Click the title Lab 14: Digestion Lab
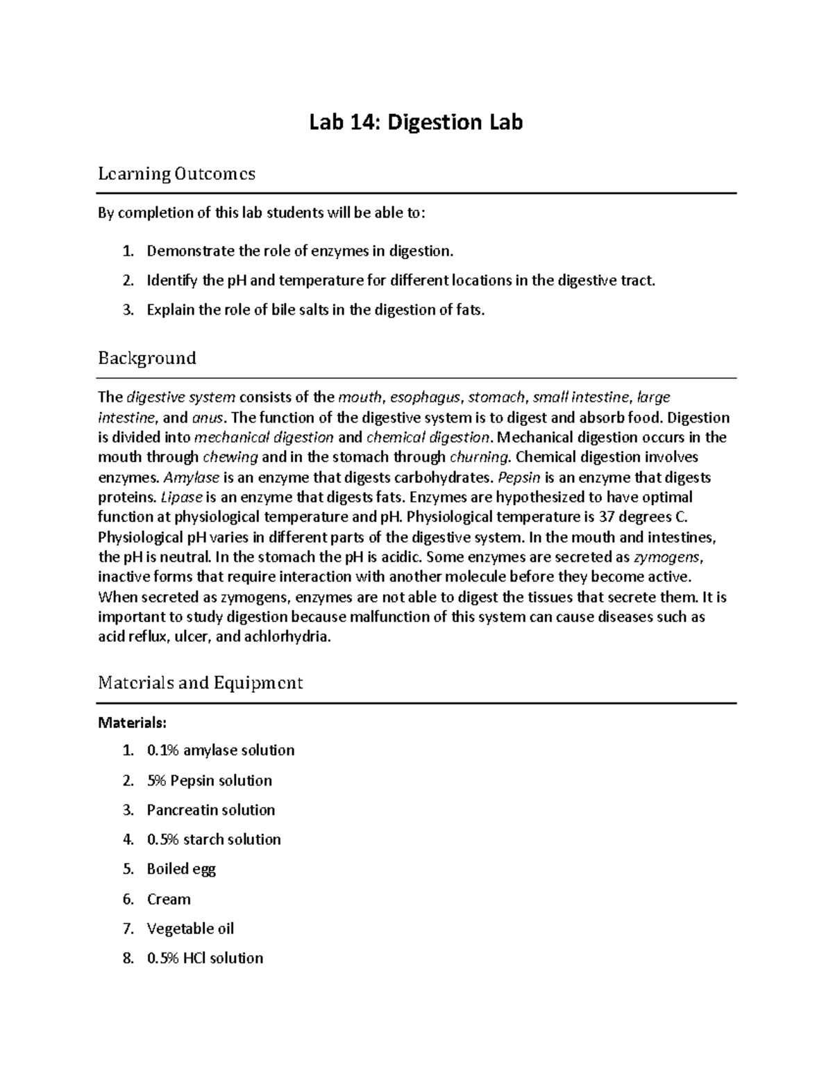click(x=416, y=122)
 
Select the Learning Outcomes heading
click(x=176, y=173)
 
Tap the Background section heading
click(x=146, y=358)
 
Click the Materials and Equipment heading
click(x=200, y=682)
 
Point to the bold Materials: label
click(x=132, y=723)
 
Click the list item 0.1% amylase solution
click(x=220, y=750)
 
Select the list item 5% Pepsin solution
click(x=209, y=780)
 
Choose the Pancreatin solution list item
click(x=210, y=810)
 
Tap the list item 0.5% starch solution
click(x=214, y=839)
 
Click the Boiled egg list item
click(x=181, y=869)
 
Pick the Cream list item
click(x=169, y=899)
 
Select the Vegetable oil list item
click(x=190, y=928)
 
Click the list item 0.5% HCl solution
click(x=205, y=958)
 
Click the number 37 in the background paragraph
click(x=609, y=517)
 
